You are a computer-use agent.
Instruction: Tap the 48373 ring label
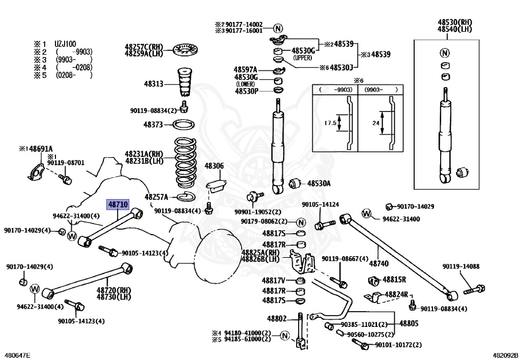[x=153, y=124]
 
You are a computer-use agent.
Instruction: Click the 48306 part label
[x=214, y=166]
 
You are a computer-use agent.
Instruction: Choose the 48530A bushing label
[x=319, y=183]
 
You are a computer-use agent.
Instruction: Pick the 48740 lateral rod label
[x=379, y=264]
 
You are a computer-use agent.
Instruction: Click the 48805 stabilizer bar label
[x=409, y=323]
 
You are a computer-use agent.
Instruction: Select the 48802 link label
[x=277, y=319]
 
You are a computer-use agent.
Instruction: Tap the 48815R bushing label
[x=394, y=280]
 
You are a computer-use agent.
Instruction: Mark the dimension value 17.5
[x=330, y=123]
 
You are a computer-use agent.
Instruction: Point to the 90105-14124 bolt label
[x=320, y=205]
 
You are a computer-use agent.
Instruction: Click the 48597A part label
[x=246, y=69]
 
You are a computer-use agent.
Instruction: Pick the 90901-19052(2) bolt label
[x=257, y=211]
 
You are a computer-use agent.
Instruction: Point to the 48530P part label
[x=246, y=91]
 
